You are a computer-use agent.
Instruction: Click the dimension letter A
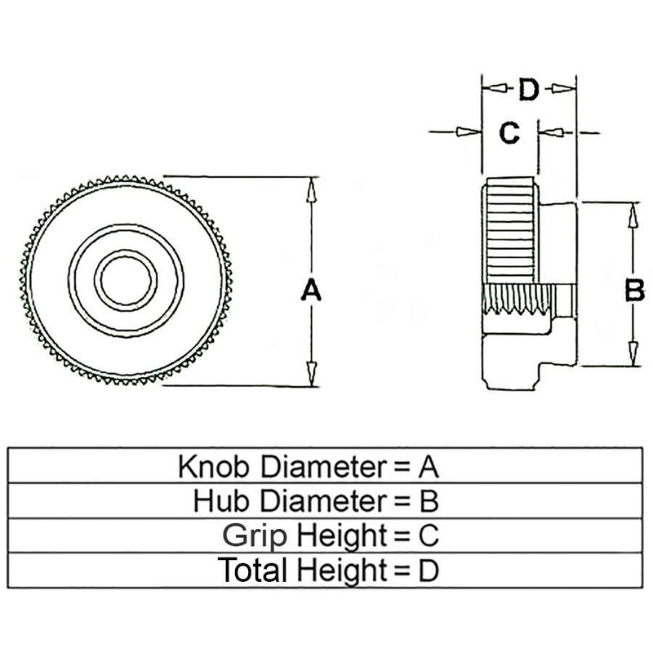(x=310, y=290)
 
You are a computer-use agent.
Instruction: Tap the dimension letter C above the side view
(x=509, y=132)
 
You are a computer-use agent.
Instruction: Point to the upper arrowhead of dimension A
(x=310, y=189)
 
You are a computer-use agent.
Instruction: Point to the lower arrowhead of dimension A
(x=310, y=373)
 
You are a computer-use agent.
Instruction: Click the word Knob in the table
(x=215, y=466)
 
